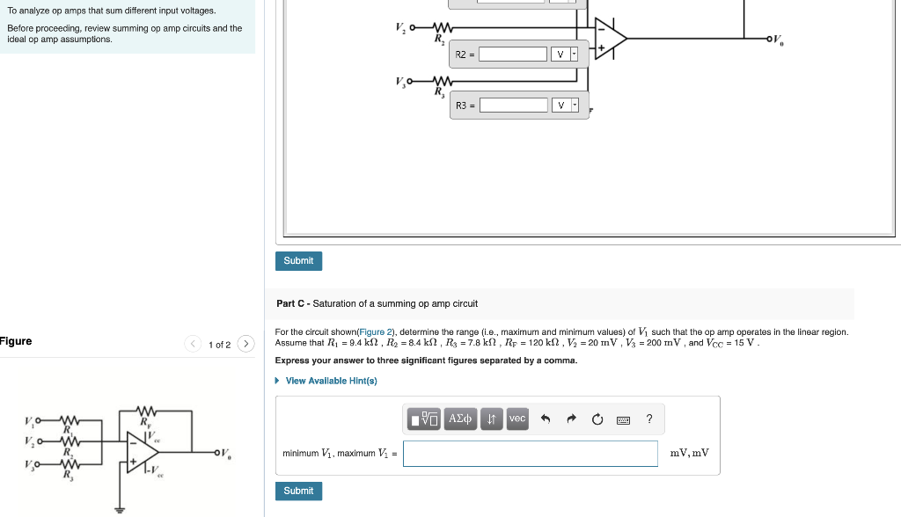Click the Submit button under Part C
[298, 491]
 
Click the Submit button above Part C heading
[298, 261]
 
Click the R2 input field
[513, 55]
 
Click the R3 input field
[513, 106]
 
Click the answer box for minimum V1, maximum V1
[531, 454]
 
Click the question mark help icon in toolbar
[649, 419]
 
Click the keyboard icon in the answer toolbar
[623, 419]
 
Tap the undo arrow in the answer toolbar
[546, 419]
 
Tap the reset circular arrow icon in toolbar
[597, 419]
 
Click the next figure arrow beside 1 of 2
[245, 344]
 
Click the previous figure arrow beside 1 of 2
[194, 344]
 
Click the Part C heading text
[377, 303]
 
